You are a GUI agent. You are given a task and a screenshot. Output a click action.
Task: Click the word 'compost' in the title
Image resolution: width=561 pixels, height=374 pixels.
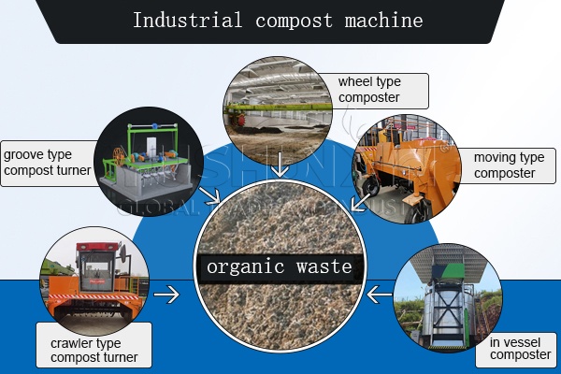[x=294, y=21]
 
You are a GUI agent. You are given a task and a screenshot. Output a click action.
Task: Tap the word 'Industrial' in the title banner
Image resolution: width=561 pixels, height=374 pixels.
[x=188, y=20]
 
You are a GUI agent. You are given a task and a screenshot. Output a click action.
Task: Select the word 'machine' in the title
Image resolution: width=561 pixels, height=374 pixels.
[x=384, y=20]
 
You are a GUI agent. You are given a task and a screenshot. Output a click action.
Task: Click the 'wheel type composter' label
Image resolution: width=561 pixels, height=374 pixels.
[x=369, y=90]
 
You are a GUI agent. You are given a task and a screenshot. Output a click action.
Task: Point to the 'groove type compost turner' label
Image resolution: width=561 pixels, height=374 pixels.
[x=48, y=163]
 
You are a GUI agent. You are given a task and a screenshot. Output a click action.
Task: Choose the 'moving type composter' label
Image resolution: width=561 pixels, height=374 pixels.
[x=509, y=165]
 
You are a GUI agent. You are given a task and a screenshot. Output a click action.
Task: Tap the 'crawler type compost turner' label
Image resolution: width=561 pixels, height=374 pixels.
[x=94, y=350]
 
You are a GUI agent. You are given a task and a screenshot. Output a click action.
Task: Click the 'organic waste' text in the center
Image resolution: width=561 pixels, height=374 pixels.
[x=280, y=266]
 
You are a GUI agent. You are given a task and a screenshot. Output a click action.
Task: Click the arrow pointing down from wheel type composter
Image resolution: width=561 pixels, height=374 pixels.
[x=280, y=165]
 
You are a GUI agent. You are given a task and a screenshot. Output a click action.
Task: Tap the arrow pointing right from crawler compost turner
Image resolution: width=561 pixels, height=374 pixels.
[x=166, y=295]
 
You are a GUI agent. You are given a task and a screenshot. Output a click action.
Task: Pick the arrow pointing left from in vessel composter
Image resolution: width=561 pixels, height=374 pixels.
[x=380, y=295]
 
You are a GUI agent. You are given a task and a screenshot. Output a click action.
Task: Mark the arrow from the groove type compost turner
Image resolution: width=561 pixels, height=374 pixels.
[x=210, y=195]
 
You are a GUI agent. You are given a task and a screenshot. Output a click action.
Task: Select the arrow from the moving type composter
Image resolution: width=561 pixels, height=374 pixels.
[x=361, y=202]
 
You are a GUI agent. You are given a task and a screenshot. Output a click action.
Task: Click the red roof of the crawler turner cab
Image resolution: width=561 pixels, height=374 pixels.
[x=97, y=246]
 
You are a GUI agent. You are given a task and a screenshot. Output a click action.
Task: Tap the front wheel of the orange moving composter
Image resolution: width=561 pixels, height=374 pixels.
[x=370, y=187]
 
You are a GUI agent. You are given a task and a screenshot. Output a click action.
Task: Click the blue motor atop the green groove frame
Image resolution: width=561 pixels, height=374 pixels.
[x=155, y=126]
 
